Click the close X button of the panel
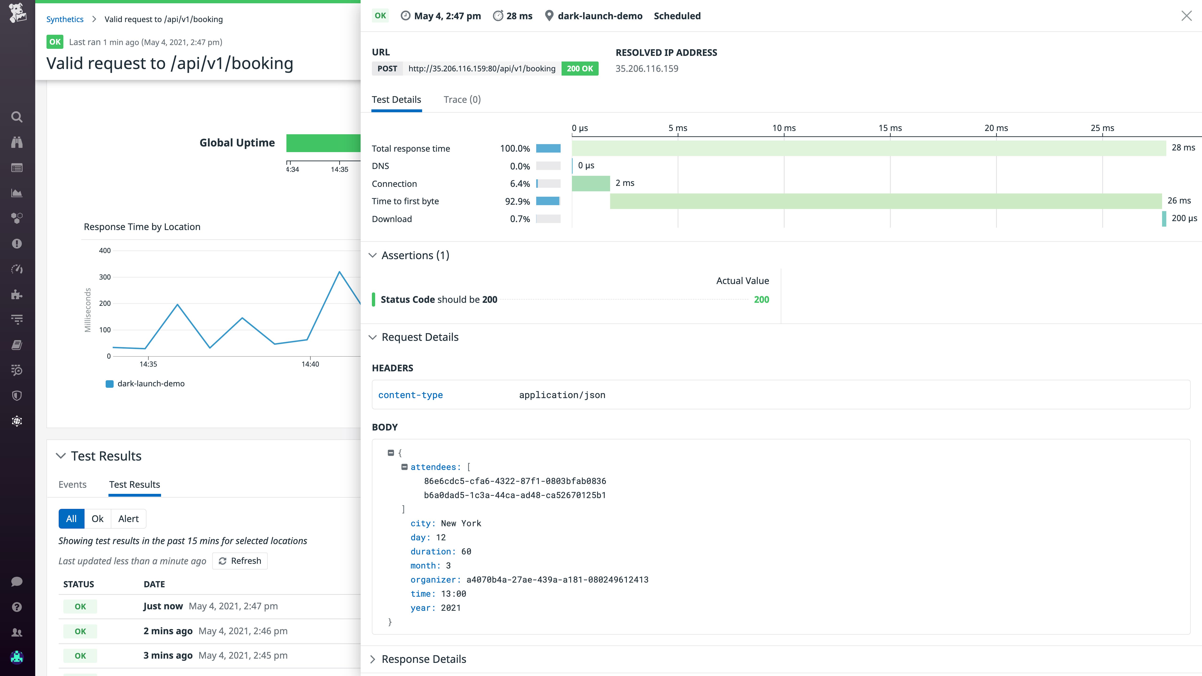coord(1186,16)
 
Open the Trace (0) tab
coord(462,99)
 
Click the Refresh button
coord(240,561)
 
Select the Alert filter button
coord(128,519)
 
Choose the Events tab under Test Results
coord(72,484)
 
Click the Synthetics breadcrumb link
coord(65,19)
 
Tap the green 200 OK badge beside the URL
coord(580,69)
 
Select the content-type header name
coord(410,395)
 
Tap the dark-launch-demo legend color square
coord(110,384)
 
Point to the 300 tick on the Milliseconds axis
coord(105,277)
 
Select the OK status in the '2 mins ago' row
coord(80,631)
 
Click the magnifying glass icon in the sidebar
coord(17,117)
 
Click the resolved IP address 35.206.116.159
coord(647,69)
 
